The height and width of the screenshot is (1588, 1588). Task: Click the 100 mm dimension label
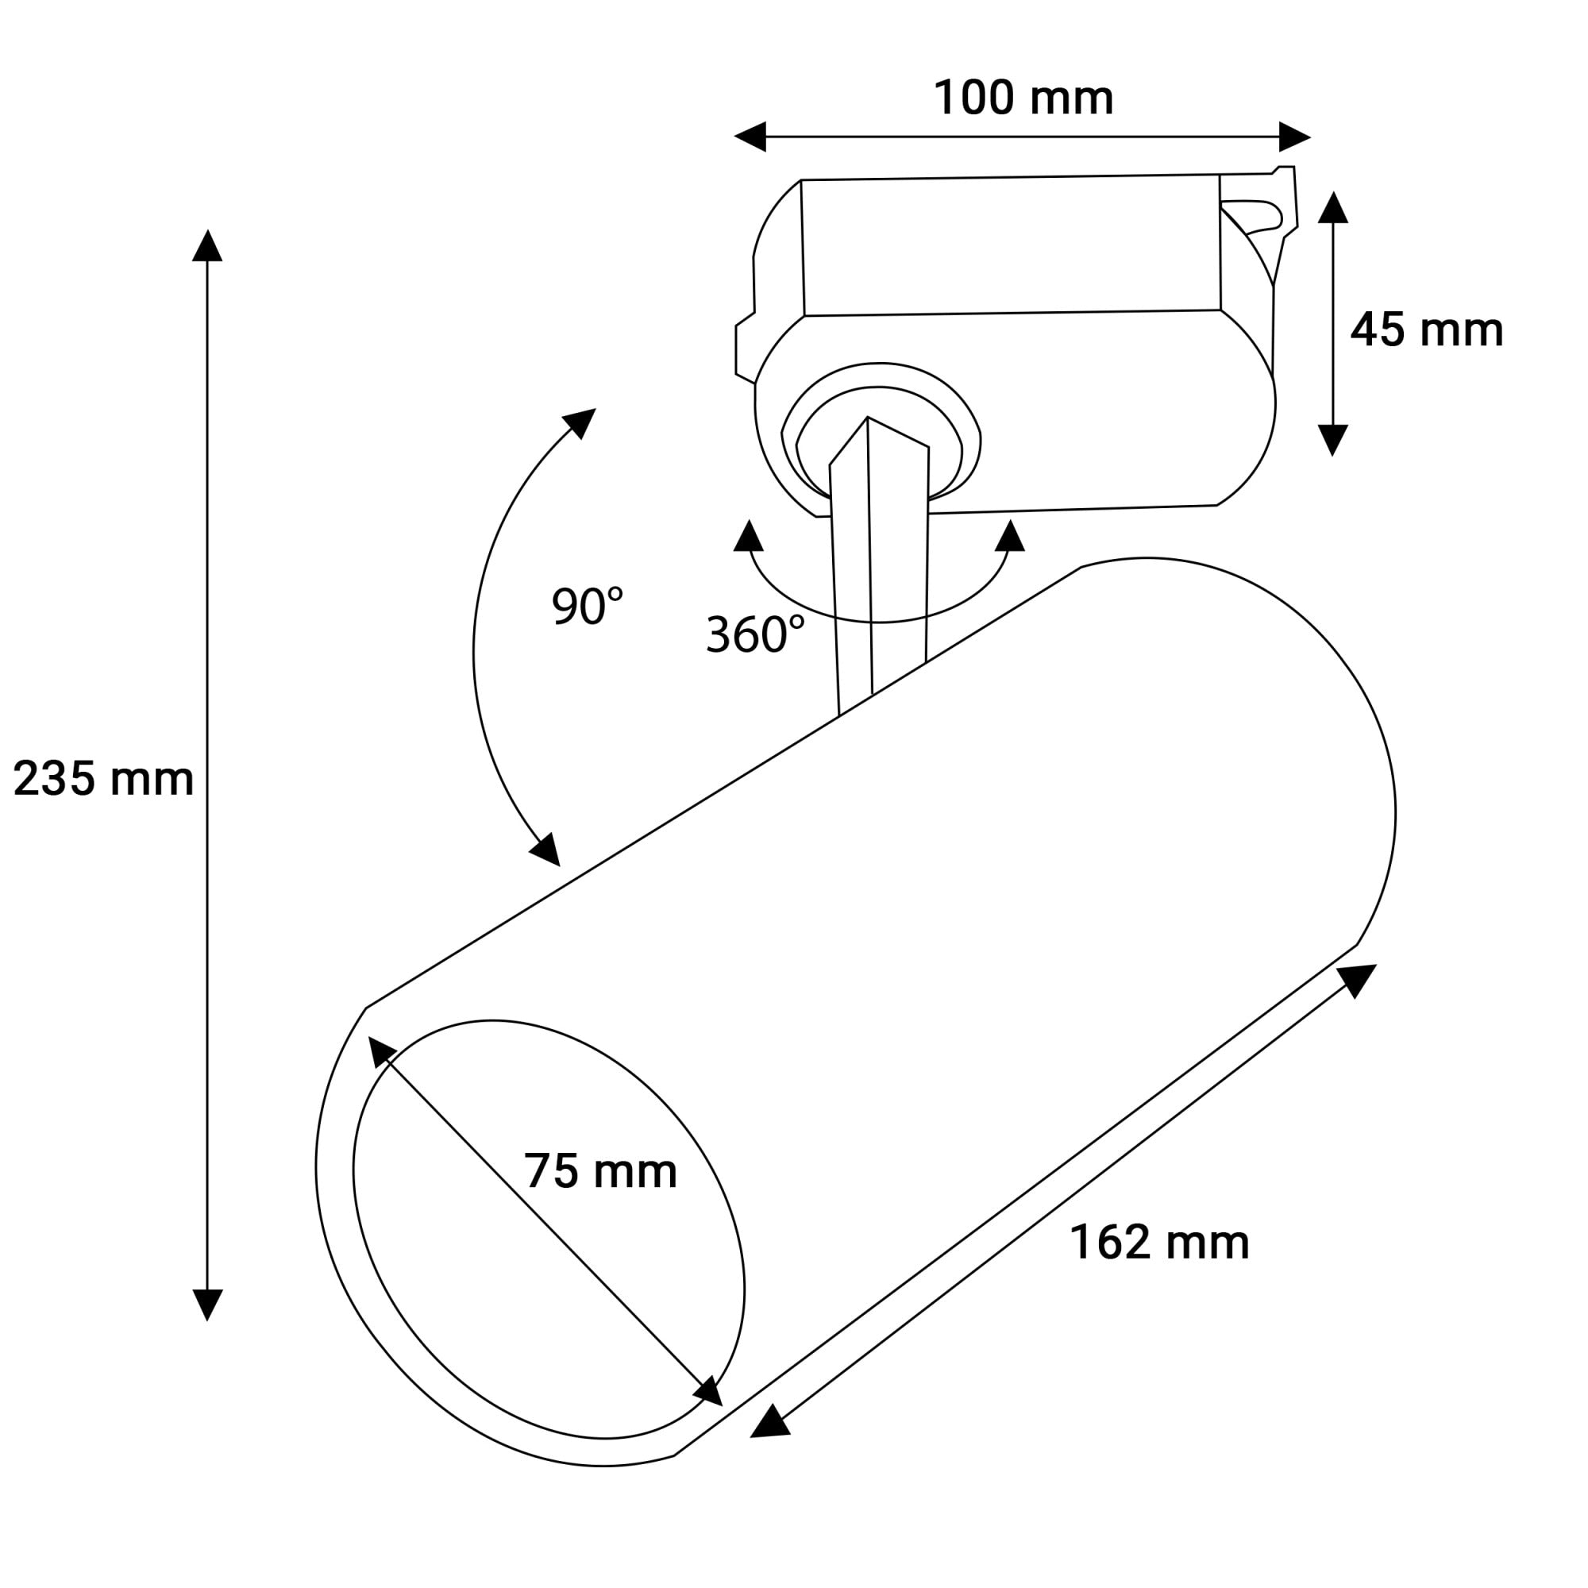pos(1023,98)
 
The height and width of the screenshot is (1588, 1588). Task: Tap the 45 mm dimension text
pos(1426,330)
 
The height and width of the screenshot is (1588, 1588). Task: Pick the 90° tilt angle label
pos(587,606)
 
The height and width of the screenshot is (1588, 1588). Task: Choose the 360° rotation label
pos(755,634)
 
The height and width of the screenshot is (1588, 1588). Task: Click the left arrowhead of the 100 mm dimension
pos(750,137)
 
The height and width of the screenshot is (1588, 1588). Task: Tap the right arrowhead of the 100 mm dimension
pos(1294,137)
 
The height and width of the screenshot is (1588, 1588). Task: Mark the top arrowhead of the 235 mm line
pos(207,246)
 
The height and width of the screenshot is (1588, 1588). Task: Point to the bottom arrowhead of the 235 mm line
pos(207,1305)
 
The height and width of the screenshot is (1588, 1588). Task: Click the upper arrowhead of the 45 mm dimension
pos(1333,207)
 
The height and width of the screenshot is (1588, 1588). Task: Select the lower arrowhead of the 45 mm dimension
pos(1333,441)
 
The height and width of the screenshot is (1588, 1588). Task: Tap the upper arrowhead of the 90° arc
pos(580,422)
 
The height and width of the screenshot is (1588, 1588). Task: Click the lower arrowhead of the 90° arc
pos(545,850)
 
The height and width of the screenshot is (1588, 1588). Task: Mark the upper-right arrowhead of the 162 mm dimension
pos(1358,980)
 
